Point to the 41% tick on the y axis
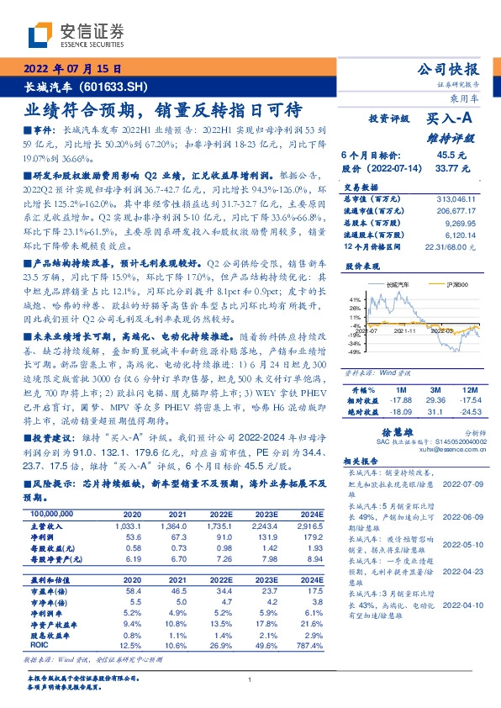coord(355,299)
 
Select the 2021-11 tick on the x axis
coord(405,332)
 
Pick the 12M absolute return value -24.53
coord(472,388)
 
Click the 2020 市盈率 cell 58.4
coord(132,568)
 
